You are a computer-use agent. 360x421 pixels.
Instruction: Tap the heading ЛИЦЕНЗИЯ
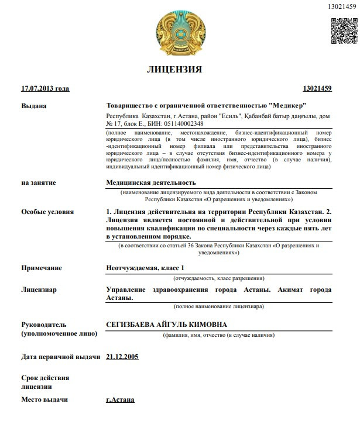[x=174, y=70]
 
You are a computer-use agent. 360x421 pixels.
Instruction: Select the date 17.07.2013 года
[x=45, y=89]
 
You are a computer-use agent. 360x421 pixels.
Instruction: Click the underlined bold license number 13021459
[x=317, y=89]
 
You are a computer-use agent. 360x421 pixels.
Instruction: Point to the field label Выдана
[x=33, y=106]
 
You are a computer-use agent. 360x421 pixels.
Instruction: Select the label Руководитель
[x=44, y=325]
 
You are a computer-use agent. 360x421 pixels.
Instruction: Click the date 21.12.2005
[x=122, y=356]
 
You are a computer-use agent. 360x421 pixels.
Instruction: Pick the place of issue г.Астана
[x=120, y=400]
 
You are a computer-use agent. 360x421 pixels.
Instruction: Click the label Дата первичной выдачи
[x=60, y=356]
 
